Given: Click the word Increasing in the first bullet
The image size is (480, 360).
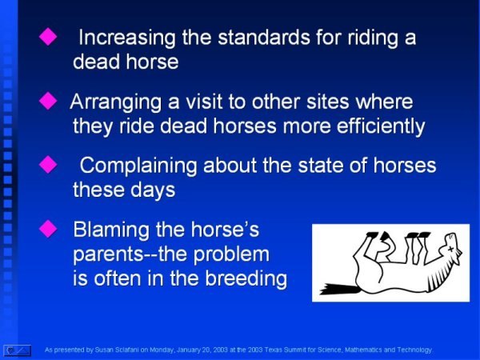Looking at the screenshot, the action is point(126,38).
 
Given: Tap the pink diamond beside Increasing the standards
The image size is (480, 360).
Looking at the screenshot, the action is point(48,37).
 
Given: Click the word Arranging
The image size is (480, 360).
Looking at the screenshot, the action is point(116,102).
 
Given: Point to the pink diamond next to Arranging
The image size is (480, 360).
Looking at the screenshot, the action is point(48,101).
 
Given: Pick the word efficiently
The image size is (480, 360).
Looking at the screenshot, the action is point(381,126).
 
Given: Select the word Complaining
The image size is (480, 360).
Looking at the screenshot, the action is point(138,166).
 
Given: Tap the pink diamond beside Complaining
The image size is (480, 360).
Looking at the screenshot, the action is point(48,164).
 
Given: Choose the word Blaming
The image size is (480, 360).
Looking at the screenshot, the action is point(111,230).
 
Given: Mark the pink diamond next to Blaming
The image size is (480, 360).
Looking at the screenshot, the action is point(48,229).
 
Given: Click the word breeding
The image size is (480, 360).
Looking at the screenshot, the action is point(246,279).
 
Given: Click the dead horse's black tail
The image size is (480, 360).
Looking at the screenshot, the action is point(339,289).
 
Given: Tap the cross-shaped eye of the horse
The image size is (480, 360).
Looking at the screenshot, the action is point(450,249).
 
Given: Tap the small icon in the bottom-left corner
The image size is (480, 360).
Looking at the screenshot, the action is point(18,350).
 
